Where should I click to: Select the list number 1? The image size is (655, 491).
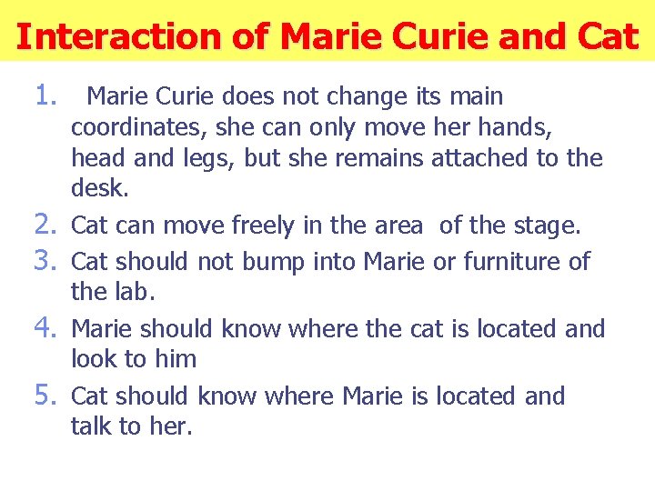pyautogui.click(x=48, y=94)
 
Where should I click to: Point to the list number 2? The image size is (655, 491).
pyautogui.click(x=48, y=225)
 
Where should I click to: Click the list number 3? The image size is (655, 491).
pyautogui.click(x=48, y=260)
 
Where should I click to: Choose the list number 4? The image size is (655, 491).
pyautogui.click(x=48, y=327)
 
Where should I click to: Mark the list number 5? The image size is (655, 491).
pyautogui.click(x=48, y=395)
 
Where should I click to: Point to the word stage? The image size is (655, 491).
pyautogui.click(x=549, y=225)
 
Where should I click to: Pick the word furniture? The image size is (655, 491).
pyautogui.click(x=515, y=262)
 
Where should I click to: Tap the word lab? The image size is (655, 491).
pyautogui.click(x=136, y=292)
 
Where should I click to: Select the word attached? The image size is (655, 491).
pyautogui.click(x=481, y=158)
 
